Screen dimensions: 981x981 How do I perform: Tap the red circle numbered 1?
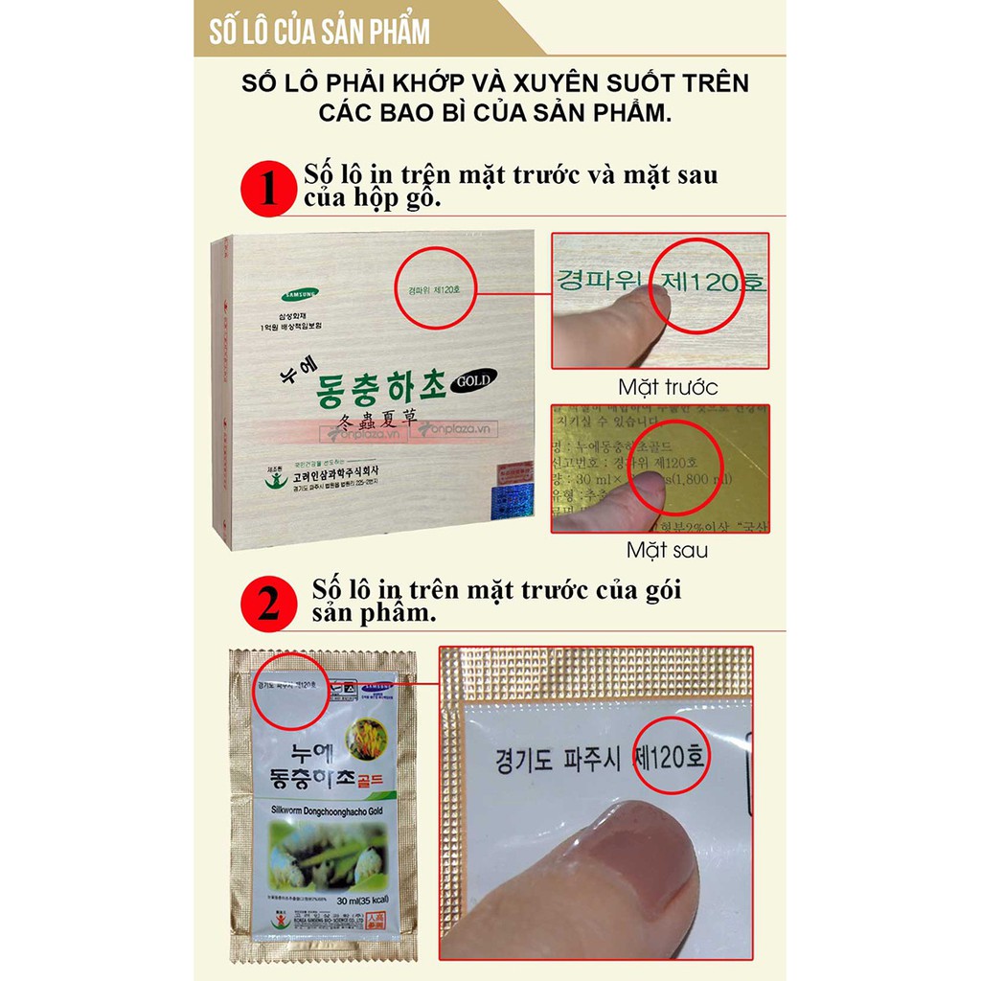[x=267, y=189]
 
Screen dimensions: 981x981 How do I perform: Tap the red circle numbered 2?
[x=268, y=604]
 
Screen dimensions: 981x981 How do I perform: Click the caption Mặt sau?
[x=667, y=550]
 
